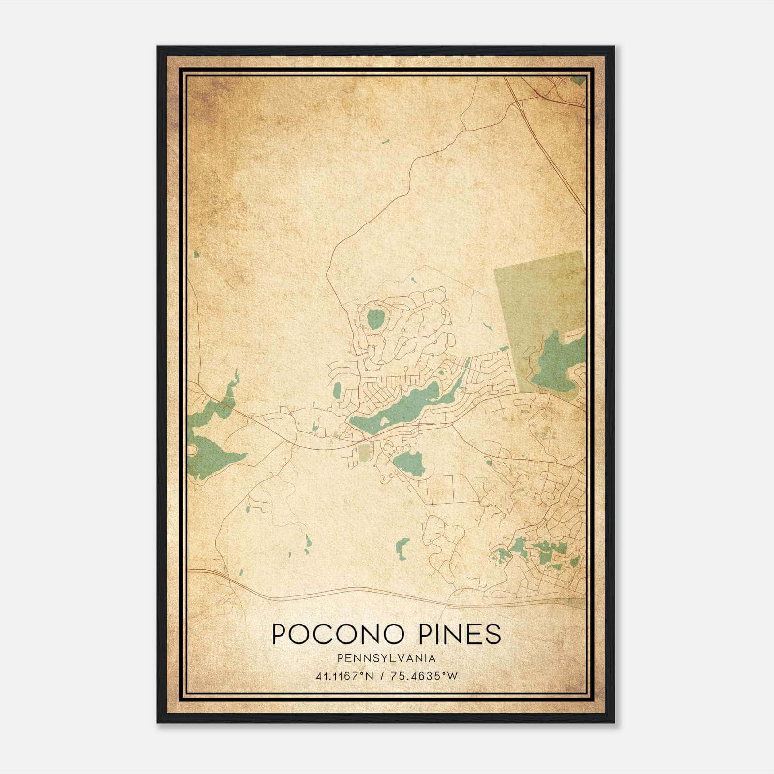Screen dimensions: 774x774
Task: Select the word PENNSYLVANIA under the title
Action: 387,658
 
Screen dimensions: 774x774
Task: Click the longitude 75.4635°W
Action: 426,676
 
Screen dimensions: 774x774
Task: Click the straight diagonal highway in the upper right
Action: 556,160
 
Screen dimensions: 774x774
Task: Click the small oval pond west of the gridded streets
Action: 337,388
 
